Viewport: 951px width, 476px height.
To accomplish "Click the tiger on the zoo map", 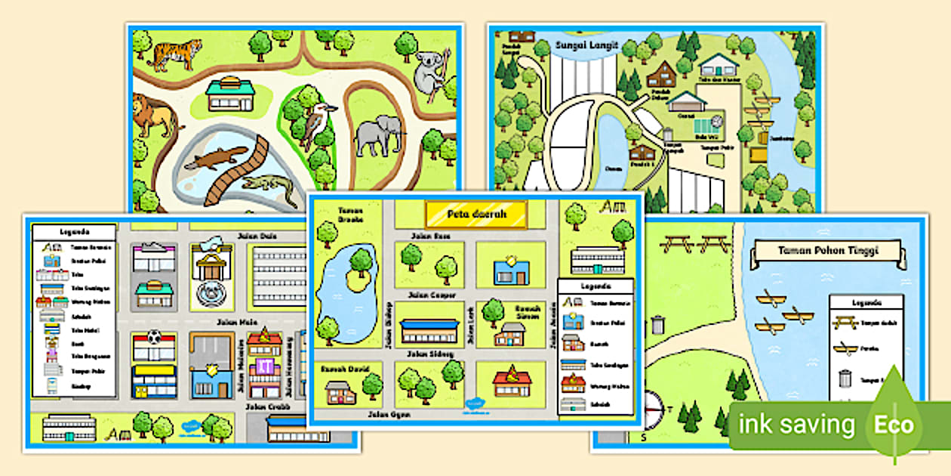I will (x=177, y=54).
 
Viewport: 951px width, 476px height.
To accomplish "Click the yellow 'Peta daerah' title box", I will (x=475, y=214).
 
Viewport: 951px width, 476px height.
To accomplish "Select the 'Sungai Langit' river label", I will (x=586, y=46).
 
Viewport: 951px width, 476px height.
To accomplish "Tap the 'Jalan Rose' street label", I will (x=430, y=236).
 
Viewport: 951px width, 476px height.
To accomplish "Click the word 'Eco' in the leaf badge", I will (x=894, y=425).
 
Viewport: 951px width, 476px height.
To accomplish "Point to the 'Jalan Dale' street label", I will (x=257, y=236).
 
